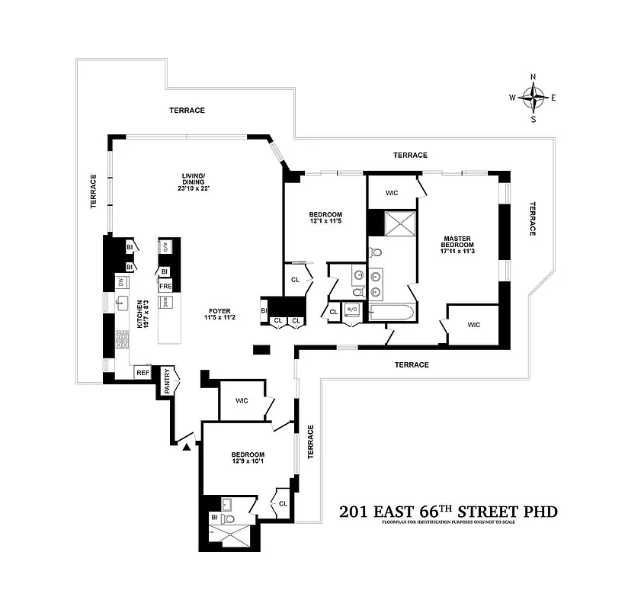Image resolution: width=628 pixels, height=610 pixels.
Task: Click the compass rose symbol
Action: click(533, 97)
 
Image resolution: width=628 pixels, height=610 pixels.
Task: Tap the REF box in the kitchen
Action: click(143, 373)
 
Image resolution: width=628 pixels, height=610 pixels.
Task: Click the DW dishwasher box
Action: click(120, 282)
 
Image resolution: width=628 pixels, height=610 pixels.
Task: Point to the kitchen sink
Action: click(121, 303)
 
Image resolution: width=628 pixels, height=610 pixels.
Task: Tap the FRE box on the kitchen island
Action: click(165, 286)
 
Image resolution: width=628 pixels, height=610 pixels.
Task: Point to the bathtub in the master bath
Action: click(391, 312)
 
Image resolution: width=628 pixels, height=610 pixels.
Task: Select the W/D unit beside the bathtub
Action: click(352, 310)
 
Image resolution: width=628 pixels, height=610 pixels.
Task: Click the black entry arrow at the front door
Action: click(185, 447)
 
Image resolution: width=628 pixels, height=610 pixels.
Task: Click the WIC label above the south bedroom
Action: click(242, 400)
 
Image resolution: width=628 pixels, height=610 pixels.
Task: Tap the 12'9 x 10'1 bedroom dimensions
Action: click(248, 461)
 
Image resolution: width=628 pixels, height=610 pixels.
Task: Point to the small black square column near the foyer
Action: click(261, 350)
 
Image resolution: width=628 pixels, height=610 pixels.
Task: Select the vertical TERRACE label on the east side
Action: click(533, 219)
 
